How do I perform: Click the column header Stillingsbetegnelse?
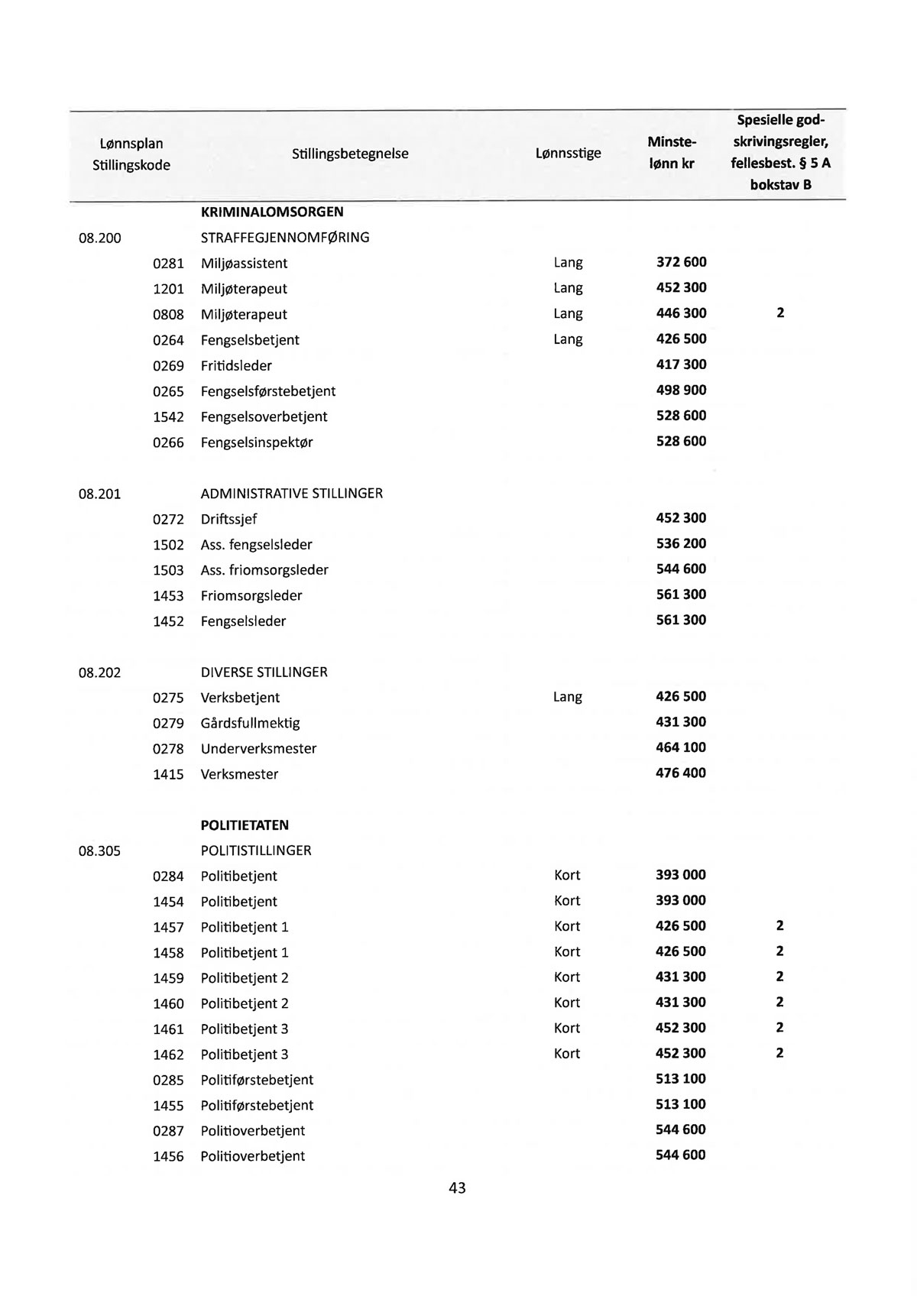click(x=350, y=154)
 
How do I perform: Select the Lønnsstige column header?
click(x=568, y=153)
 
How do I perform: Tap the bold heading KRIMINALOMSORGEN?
click(x=271, y=212)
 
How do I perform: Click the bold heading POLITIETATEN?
click(x=245, y=825)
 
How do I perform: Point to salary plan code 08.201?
click(x=99, y=494)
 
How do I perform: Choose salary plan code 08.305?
click(x=99, y=851)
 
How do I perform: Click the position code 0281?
click(x=168, y=264)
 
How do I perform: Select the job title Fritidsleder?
click(x=236, y=365)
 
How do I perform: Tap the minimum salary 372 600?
click(x=681, y=262)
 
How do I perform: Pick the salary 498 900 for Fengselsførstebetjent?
click(x=681, y=390)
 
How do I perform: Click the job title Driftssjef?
click(x=228, y=519)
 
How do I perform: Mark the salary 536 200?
click(x=681, y=543)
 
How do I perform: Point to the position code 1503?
click(x=168, y=570)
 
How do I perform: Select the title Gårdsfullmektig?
click(x=250, y=723)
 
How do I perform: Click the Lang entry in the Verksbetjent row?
click(x=567, y=697)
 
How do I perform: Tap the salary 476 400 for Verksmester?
click(x=681, y=773)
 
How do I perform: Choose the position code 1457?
click(x=168, y=927)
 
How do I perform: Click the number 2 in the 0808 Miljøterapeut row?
click(x=780, y=313)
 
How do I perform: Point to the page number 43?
click(x=457, y=1187)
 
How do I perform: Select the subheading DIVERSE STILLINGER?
click(x=264, y=672)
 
